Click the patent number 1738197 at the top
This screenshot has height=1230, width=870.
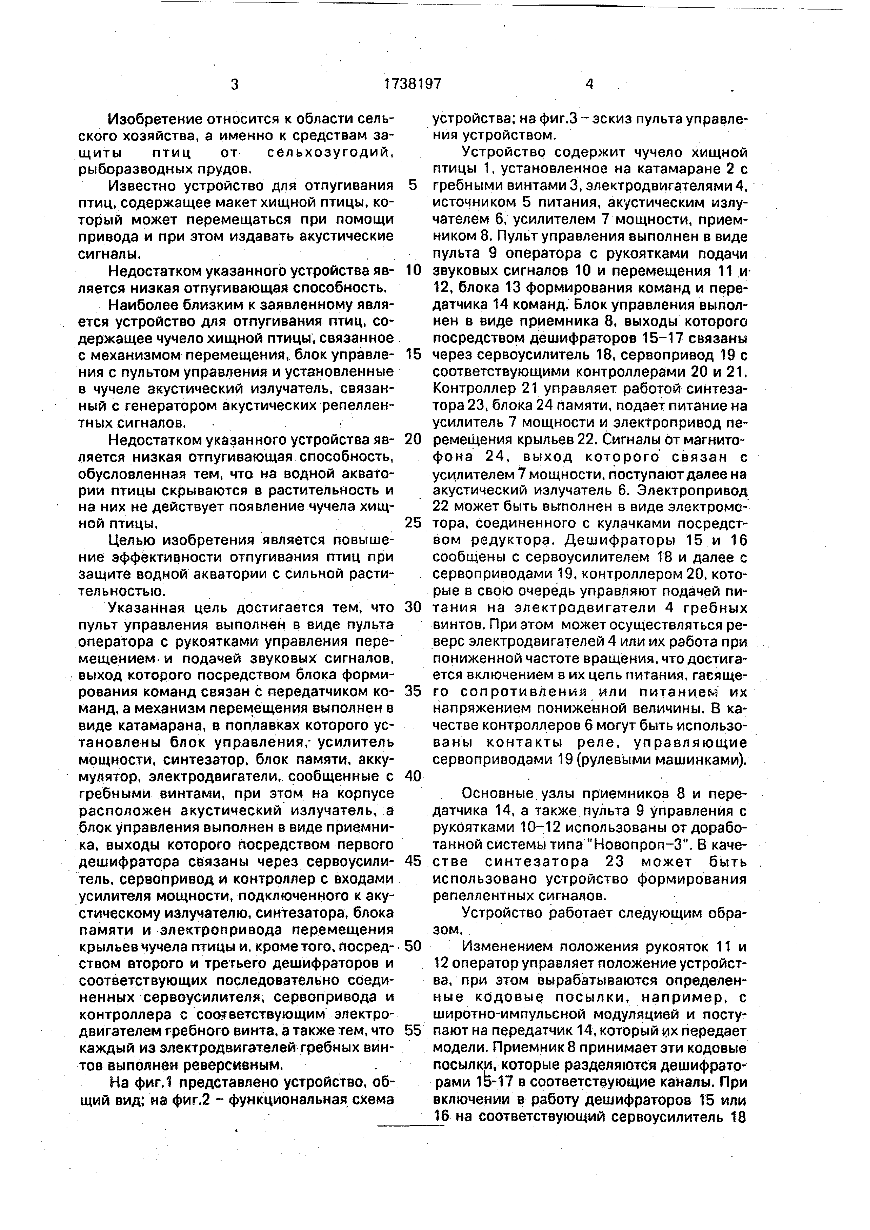click(413, 84)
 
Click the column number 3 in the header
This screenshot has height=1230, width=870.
click(234, 85)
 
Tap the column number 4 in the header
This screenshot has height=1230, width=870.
click(589, 84)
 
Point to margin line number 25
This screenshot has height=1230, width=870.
click(413, 522)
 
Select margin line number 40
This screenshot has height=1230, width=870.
click(413, 776)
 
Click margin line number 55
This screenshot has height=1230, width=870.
click(413, 1030)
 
